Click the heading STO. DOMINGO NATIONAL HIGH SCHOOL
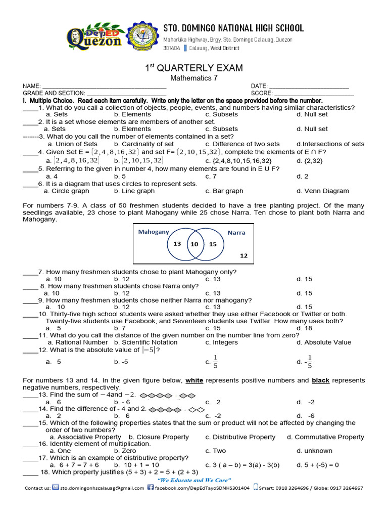[233, 28]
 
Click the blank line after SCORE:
[313, 93]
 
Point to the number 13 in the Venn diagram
[177, 244]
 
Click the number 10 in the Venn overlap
[194, 244]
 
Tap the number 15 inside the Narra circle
[212, 244]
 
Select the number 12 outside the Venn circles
[244, 256]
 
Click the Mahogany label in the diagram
[154, 232]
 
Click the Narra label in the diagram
[236, 233]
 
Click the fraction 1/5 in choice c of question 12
[216, 362]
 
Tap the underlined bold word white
[194, 380]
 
